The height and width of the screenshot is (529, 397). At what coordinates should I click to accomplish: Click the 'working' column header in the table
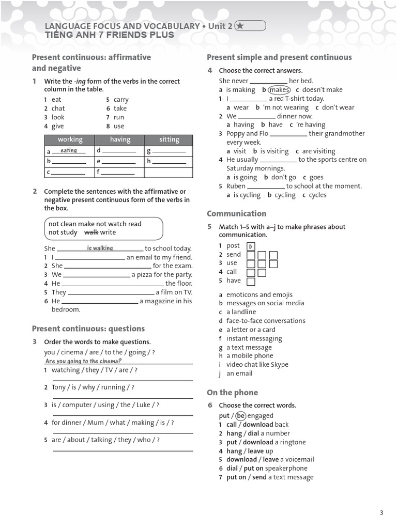70,139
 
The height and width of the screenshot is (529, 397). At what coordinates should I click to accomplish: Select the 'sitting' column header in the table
169,139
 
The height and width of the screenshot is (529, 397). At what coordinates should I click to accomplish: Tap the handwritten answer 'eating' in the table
69,150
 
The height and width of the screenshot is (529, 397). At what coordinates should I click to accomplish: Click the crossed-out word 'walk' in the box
91,232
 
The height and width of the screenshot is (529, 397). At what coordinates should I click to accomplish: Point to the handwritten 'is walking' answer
100,248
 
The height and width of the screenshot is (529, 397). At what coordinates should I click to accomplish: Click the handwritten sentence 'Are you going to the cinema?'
83,361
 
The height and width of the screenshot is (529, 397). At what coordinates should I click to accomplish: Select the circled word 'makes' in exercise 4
280,89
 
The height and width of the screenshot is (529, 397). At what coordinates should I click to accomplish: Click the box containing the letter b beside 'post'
251,246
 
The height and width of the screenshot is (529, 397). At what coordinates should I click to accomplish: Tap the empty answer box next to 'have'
251,282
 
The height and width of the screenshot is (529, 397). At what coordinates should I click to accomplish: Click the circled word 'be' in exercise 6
240,415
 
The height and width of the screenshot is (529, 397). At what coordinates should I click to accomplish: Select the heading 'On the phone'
232,393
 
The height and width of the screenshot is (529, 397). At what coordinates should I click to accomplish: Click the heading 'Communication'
236,213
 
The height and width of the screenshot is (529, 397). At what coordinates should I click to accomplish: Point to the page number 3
381,512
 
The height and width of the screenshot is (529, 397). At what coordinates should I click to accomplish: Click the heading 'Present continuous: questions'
88,329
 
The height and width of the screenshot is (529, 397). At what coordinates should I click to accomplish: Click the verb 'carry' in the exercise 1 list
121,100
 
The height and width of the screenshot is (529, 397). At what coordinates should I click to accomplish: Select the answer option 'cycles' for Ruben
317,195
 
